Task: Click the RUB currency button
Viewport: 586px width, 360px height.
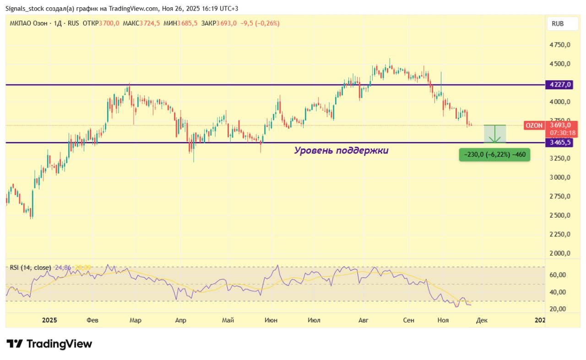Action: (558, 24)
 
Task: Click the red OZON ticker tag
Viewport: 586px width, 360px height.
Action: (534, 125)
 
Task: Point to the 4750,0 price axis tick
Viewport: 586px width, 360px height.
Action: (559, 45)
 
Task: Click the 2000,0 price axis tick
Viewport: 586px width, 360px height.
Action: (559, 253)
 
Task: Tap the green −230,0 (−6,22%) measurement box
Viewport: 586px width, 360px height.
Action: (494, 155)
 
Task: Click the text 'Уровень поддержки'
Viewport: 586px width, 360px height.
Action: (341, 150)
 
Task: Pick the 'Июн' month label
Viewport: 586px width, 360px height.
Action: (271, 320)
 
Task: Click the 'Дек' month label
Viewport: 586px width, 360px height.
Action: (482, 320)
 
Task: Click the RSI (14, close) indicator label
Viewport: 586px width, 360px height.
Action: (30, 267)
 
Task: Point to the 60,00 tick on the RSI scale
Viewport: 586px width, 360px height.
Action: (557, 275)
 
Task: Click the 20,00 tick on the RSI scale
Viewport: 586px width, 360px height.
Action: (557, 309)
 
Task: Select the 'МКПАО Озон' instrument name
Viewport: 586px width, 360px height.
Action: (28, 23)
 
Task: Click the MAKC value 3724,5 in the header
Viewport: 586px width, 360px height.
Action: (150, 23)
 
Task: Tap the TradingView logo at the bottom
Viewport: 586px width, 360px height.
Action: (49, 344)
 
